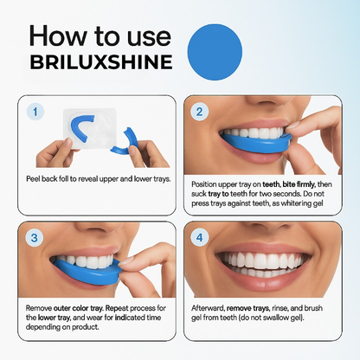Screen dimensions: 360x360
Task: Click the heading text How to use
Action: point(93,36)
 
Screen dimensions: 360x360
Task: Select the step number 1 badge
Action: point(34,112)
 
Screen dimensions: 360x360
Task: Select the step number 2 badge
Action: point(199,112)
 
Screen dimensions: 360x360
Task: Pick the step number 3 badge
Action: point(34,236)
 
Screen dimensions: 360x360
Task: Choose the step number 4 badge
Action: point(199,236)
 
